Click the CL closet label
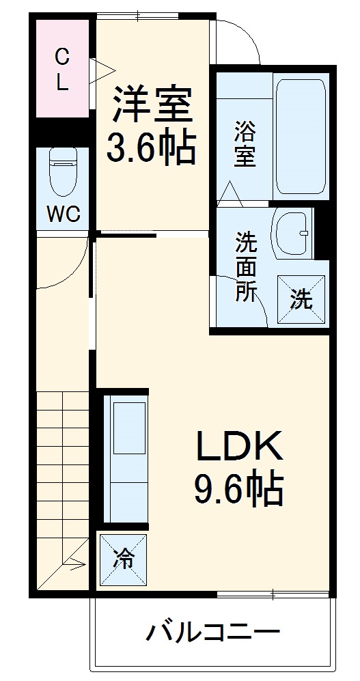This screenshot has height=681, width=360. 62,68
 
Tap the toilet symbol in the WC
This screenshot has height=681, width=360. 64,171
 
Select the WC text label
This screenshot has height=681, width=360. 64,214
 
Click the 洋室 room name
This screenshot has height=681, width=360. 152,104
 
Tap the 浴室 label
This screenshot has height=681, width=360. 245,143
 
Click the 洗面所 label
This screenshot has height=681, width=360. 246,266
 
